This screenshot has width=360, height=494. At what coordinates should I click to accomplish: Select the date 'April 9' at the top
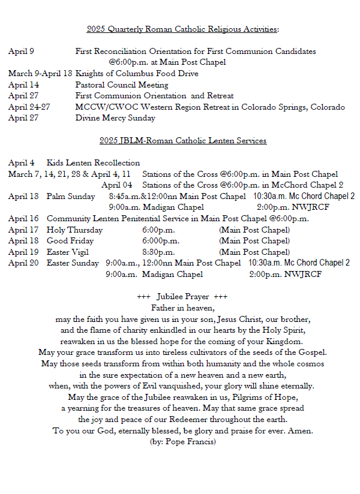click(x=21, y=52)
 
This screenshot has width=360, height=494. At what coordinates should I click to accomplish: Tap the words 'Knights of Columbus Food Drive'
click(x=137, y=74)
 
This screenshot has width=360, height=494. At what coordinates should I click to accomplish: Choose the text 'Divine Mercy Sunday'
click(x=115, y=118)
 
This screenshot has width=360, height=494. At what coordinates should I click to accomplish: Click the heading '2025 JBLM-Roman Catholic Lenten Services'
click(x=183, y=141)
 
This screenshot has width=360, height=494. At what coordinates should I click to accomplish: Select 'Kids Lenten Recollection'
click(x=93, y=163)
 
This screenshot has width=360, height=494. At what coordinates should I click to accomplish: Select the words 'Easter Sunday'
click(x=73, y=263)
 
